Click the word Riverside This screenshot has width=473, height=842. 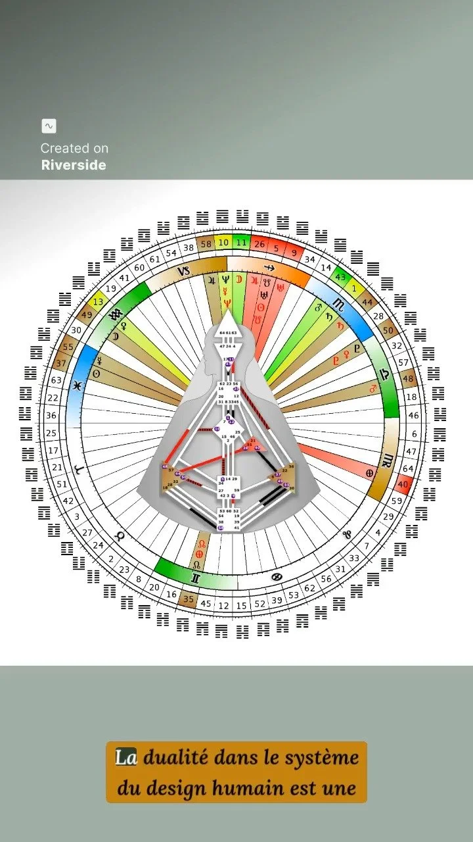tap(74, 165)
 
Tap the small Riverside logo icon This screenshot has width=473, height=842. tap(49, 126)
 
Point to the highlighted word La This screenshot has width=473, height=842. tap(125, 758)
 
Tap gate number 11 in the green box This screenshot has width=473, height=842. tap(242, 243)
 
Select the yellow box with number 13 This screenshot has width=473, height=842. tap(99, 301)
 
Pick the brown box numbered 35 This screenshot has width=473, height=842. tap(189, 599)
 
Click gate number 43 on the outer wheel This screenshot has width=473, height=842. tap(341, 278)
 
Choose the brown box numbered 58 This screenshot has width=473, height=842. tap(206, 245)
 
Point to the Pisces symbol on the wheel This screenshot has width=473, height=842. tap(79, 384)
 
